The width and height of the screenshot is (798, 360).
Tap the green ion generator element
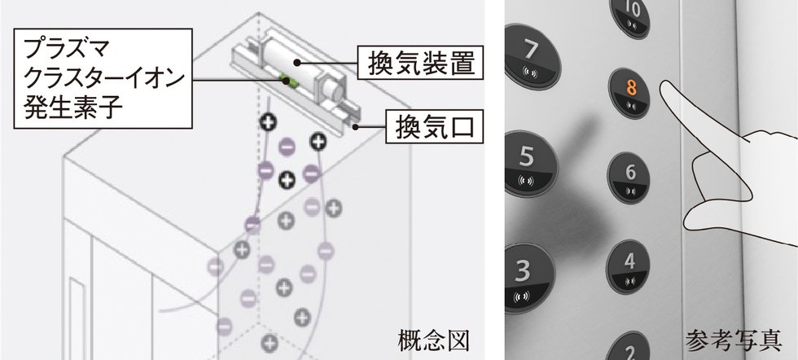(x=286, y=79)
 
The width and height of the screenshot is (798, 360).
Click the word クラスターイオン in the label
(x=101, y=81)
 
